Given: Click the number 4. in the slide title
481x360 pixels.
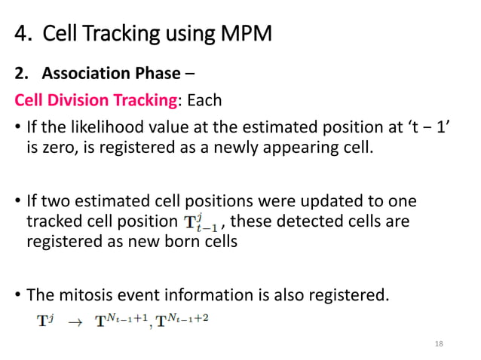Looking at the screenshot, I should (23, 34).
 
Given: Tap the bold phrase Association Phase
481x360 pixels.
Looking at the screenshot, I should (111, 74).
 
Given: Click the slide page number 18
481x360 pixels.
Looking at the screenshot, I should (440, 343).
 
